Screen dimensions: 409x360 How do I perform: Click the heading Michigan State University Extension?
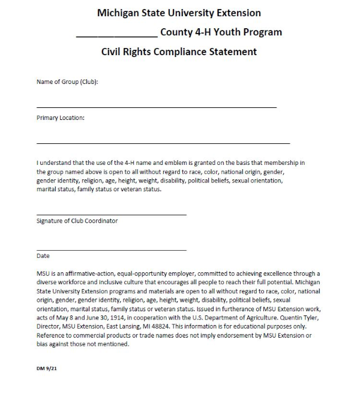pyautogui.click(x=179, y=13)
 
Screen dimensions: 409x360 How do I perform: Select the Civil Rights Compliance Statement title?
pyautogui.click(x=179, y=52)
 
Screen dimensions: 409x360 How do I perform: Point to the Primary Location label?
pyautogui.click(x=60, y=118)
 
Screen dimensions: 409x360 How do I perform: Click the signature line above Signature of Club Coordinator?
pyautogui.click(x=111, y=214)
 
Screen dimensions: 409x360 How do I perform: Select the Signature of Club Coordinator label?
pyautogui.click(x=77, y=221)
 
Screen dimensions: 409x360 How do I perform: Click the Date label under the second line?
pyautogui.click(x=43, y=256)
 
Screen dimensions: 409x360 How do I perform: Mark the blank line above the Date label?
pyautogui.click(x=111, y=249)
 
